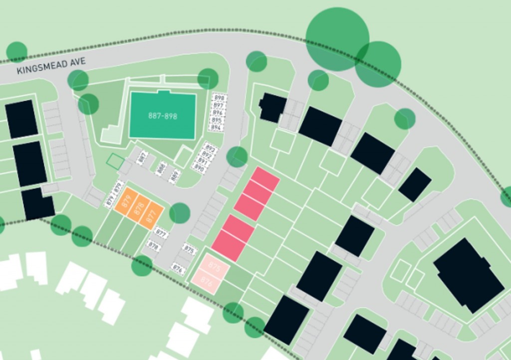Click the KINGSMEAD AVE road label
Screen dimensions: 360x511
click(51, 65)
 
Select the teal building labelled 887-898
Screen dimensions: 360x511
click(162, 116)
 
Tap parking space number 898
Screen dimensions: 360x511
click(219, 98)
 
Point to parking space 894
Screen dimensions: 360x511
click(216, 128)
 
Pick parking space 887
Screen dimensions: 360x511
click(143, 158)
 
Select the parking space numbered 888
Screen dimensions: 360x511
click(161, 169)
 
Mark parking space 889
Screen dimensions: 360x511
click(175, 176)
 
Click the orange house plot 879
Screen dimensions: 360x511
click(125, 201)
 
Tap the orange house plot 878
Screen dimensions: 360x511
click(139, 208)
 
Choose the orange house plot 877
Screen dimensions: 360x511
click(152, 215)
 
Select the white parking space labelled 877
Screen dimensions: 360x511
click(161, 232)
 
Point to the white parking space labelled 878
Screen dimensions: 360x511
click(153, 246)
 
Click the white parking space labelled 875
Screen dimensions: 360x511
click(189, 250)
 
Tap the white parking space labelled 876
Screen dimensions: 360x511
click(178, 269)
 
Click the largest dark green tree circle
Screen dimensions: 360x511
click(337, 39)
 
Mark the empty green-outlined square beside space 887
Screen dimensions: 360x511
click(115, 161)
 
